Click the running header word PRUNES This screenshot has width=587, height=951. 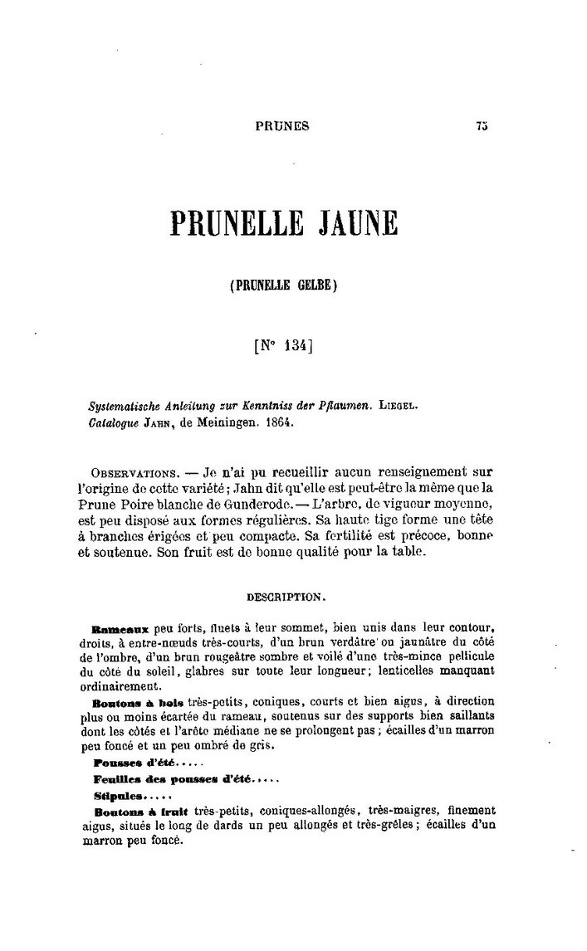click(284, 126)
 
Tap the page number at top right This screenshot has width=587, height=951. click(482, 126)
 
